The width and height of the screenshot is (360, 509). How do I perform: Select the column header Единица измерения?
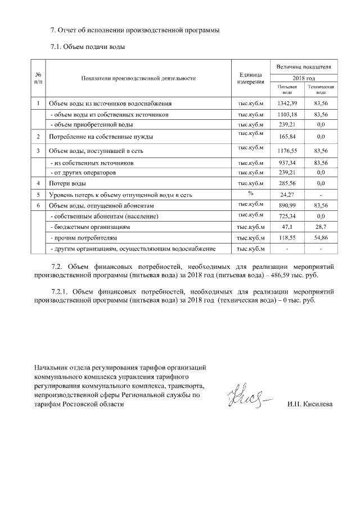click(251, 78)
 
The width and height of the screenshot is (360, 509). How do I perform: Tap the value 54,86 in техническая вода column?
click(321, 238)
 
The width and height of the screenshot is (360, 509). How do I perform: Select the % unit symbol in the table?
click(251, 193)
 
